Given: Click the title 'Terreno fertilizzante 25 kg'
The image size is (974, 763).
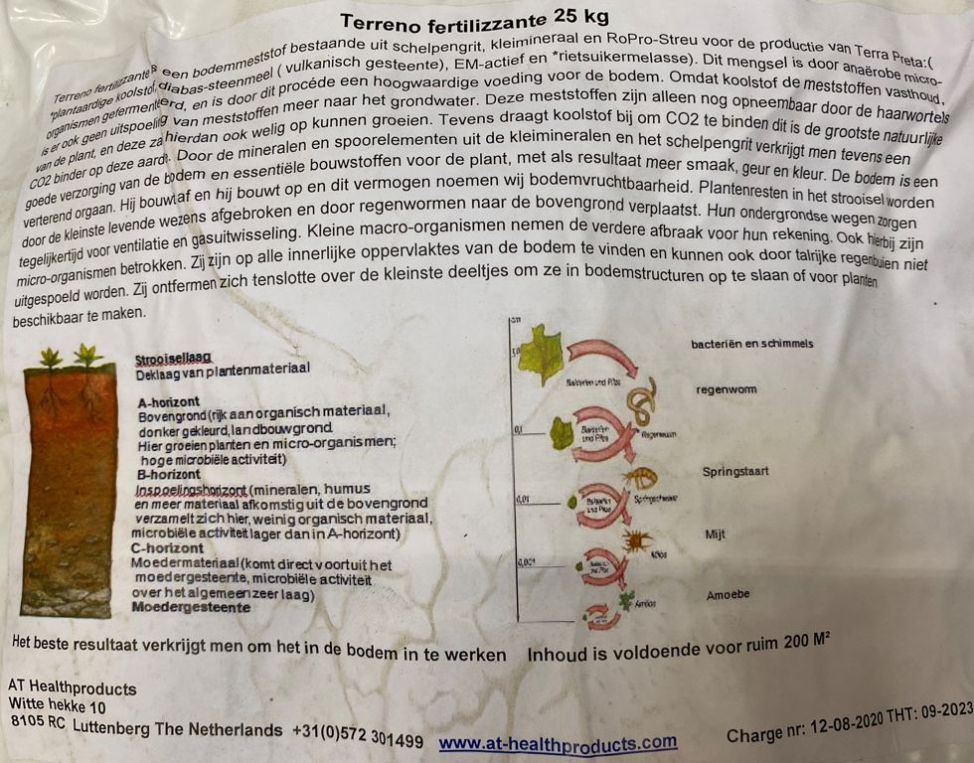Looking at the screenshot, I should click(x=475, y=21).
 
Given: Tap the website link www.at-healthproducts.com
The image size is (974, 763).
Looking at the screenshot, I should click(x=558, y=742).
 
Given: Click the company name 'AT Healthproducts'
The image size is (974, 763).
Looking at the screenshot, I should click(x=72, y=688).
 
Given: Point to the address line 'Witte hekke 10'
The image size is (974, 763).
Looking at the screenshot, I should click(x=57, y=707).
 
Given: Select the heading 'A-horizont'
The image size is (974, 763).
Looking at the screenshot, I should click(x=170, y=402).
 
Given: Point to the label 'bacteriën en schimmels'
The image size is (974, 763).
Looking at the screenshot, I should click(x=752, y=344).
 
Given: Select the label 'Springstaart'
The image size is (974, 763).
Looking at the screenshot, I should click(x=734, y=472).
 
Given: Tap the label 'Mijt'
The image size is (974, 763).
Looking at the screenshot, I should click(x=716, y=534).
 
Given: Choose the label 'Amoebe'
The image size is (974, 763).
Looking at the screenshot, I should click(x=728, y=595).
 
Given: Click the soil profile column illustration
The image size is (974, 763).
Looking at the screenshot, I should click(x=69, y=487).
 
